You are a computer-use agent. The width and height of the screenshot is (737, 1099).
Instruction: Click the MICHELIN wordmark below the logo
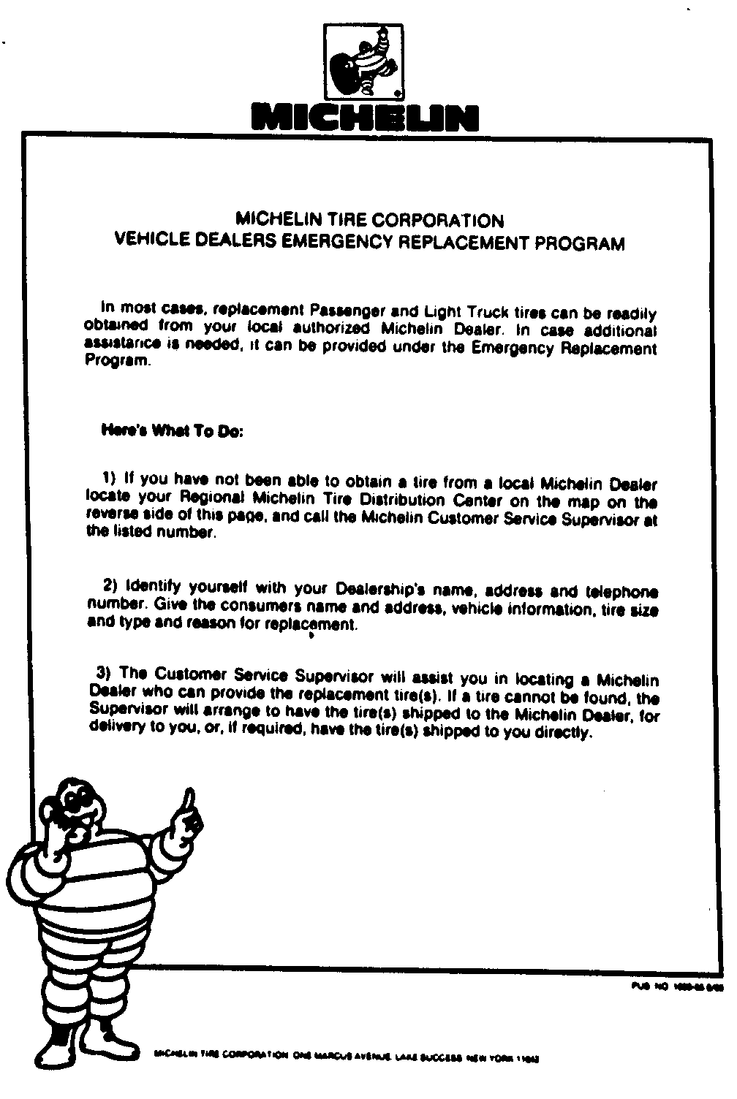tap(364, 117)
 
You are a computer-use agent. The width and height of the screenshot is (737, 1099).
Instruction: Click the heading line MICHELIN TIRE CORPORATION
tap(369, 220)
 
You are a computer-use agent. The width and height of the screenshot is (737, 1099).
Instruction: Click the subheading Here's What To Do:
tap(173, 430)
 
